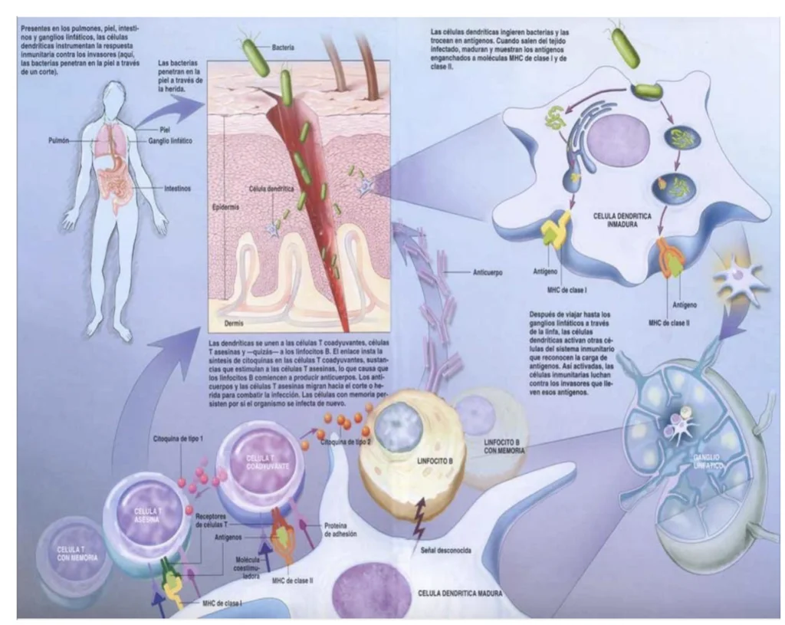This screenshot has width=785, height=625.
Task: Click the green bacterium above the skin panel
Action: point(256,56)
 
